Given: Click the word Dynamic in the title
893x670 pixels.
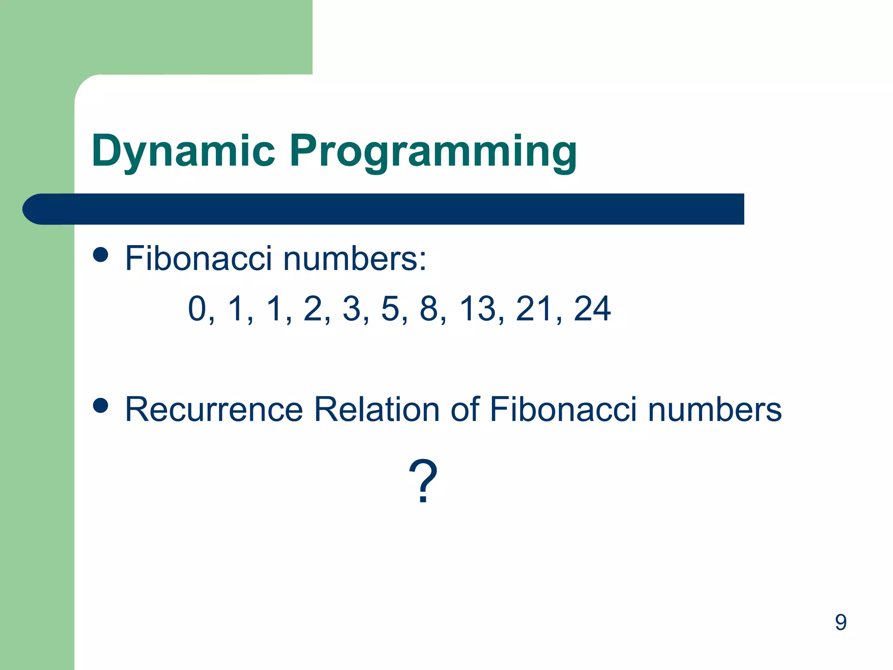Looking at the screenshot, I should [183, 151].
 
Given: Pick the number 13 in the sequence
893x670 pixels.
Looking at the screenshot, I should [478, 308].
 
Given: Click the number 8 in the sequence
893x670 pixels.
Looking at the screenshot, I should [429, 308].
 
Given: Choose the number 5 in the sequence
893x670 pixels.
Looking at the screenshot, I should [390, 308].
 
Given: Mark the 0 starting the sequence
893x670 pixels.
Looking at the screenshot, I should [197, 308].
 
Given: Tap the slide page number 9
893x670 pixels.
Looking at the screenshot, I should [841, 622].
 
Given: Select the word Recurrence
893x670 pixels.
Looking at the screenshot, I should [214, 410].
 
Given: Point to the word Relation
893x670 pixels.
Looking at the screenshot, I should [377, 410].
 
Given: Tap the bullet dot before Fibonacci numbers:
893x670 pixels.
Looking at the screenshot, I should [101, 254].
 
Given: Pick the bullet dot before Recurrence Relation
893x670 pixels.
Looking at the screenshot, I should [101, 405].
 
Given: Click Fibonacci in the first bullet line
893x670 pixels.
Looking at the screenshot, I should [198, 258].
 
